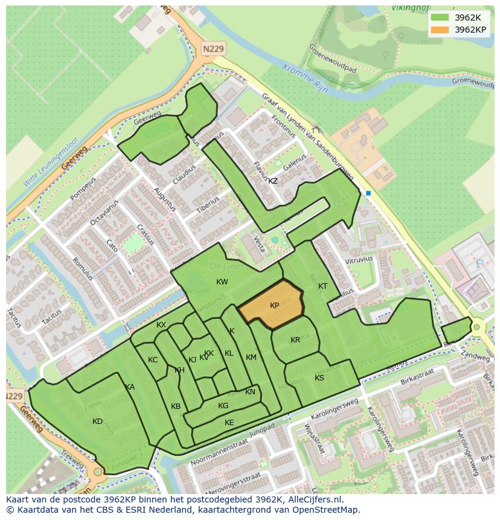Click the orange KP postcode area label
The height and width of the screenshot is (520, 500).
click(x=274, y=306)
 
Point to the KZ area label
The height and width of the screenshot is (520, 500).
click(x=273, y=181)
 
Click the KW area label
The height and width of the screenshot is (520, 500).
click(x=222, y=282)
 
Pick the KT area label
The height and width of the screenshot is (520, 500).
click(x=322, y=286)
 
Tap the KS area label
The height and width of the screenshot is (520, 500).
click(x=319, y=378)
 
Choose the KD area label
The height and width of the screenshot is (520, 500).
click(x=97, y=422)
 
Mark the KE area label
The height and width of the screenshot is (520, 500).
click(x=229, y=423)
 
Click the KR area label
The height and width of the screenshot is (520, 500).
click(x=295, y=340)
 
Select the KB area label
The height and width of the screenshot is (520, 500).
click(x=176, y=406)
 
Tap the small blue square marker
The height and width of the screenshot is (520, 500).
click(x=368, y=193)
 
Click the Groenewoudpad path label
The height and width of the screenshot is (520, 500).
click(x=333, y=60)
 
